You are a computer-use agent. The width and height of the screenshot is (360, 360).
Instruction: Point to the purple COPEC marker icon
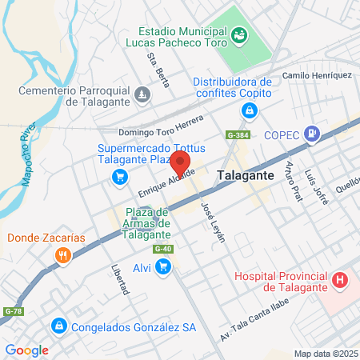314,134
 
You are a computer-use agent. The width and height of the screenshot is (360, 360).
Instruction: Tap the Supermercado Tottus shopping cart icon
119,176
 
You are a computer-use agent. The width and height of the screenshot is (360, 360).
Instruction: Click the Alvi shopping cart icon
163,267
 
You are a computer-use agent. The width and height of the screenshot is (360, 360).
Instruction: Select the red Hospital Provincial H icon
341,281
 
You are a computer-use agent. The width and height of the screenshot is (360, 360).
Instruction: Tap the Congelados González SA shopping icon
58,326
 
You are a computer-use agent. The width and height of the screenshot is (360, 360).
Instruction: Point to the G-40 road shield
163,249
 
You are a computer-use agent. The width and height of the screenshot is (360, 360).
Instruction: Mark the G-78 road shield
13,310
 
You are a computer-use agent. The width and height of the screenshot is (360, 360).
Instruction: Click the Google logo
27,350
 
